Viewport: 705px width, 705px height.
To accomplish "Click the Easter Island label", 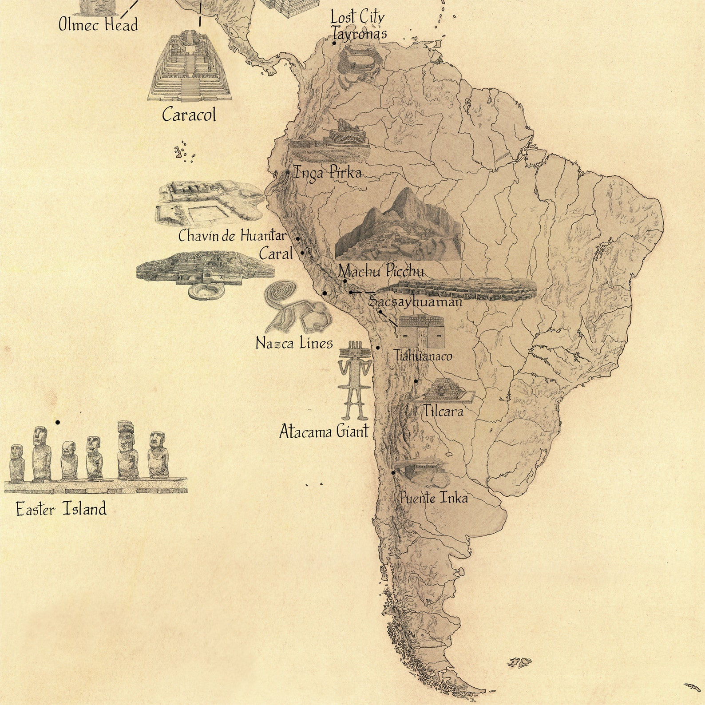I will pos(61,509).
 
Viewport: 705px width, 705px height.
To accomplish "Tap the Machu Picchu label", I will pos(381,271).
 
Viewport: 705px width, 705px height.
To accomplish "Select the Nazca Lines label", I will pos(294,343).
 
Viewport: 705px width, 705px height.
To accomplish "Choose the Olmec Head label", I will pos(98,24).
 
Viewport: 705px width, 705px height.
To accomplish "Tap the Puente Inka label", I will pos(434,498).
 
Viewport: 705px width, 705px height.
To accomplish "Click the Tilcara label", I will pos(443,411).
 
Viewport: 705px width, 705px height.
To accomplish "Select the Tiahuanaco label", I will pos(423,356).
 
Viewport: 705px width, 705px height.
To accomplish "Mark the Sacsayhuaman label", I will pos(416,302).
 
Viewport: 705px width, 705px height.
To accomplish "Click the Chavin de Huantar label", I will pos(233,235).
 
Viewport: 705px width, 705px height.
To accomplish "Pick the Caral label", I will pos(276,254).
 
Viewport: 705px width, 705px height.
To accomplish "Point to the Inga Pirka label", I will pos(328,172).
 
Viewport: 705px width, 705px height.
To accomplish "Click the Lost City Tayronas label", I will pos(358,26).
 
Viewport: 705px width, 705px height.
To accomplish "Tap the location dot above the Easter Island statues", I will pos(58,422).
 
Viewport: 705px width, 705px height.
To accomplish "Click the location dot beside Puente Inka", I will pos(393,473).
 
